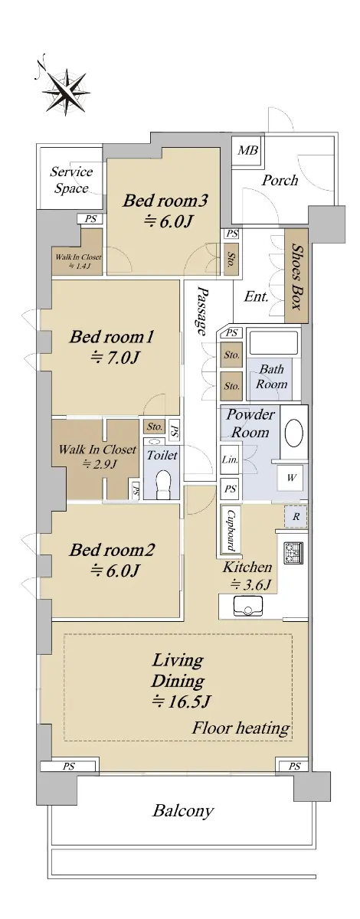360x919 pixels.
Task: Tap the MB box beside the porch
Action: [247, 150]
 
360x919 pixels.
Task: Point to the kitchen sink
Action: [248, 606]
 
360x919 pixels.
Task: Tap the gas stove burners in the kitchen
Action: [293, 553]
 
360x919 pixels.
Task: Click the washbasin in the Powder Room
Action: [294, 433]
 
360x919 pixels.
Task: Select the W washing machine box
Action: [292, 478]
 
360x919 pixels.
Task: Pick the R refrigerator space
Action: [295, 517]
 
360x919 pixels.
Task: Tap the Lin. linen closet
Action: [230, 459]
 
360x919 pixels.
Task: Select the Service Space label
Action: [71, 180]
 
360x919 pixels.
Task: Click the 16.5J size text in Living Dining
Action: [181, 702]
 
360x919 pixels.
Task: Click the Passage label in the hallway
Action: [202, 311]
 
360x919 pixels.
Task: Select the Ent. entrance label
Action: [256, 296]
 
